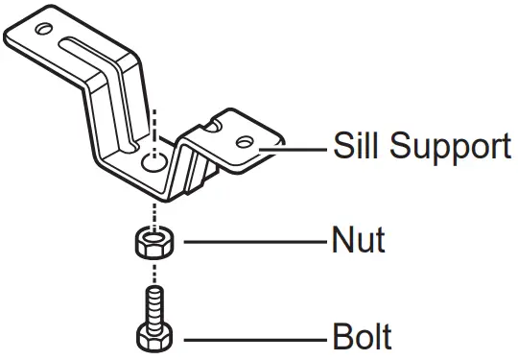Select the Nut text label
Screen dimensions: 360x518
357,239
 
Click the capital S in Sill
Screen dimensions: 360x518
340,147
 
